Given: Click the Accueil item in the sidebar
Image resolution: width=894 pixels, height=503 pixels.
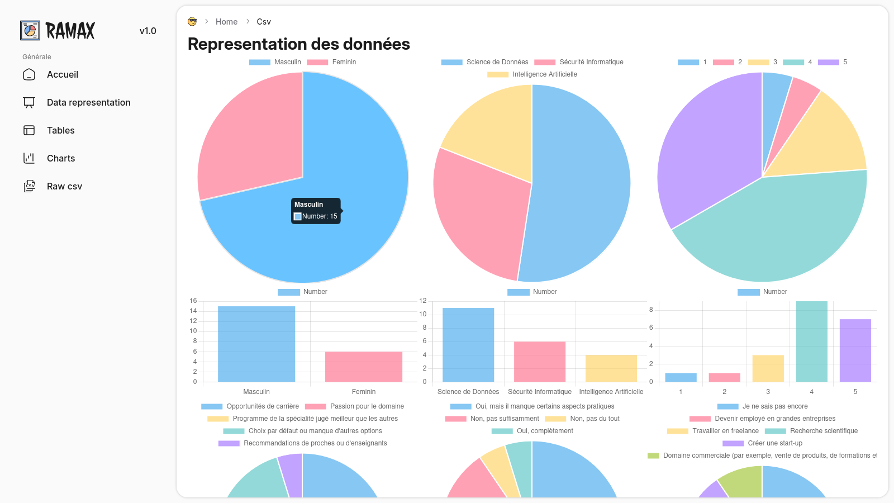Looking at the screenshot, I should [62, 75].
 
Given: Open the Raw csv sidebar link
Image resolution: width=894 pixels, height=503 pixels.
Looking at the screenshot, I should [64, 187].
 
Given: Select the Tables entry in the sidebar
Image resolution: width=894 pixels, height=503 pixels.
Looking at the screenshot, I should [60, 131].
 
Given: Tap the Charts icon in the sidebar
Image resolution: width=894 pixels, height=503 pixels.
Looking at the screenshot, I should [29, 158].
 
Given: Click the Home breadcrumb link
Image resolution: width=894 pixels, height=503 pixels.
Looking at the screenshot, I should [226, 22].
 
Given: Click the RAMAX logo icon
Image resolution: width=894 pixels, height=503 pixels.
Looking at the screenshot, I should [30, 30].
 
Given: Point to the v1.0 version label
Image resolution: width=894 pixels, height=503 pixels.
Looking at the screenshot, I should [148, 31].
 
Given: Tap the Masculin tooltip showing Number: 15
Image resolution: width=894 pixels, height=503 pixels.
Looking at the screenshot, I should [316, 211].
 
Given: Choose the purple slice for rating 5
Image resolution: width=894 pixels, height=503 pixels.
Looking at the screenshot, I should [704, 151].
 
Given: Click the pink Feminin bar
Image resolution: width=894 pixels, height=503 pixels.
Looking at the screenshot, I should [363, 367].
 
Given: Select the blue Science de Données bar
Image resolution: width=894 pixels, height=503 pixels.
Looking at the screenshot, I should [468, 344].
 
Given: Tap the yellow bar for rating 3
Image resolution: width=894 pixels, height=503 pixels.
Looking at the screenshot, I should [768, 368].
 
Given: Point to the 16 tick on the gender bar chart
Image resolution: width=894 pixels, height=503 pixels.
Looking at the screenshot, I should [193, 301].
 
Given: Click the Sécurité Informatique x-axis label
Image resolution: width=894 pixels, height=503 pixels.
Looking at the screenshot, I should [540, 392].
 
